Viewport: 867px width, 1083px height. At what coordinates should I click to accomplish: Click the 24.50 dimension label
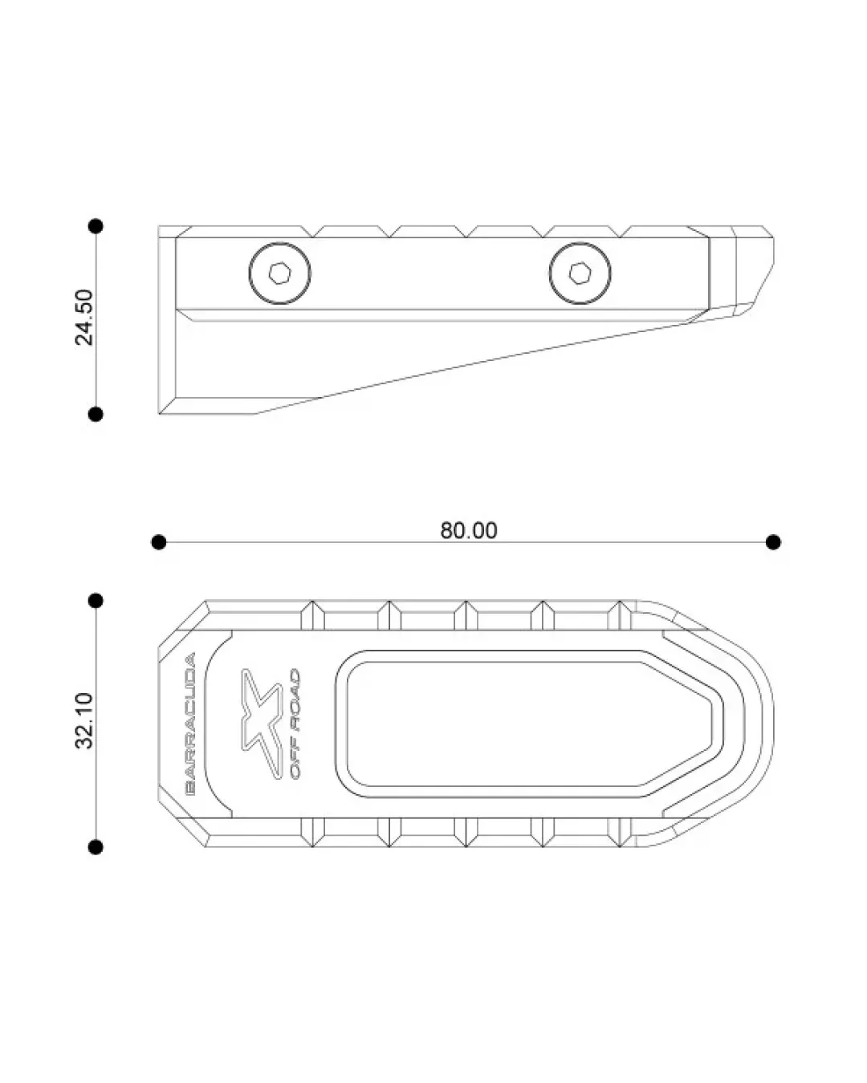click(x=84, y=317)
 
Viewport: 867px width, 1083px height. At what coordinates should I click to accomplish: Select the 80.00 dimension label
click(x=469, y=530)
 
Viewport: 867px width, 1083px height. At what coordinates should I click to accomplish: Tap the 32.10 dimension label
click(x=84, y=720)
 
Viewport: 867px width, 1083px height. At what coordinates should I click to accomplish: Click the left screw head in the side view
click(x=279, y=274)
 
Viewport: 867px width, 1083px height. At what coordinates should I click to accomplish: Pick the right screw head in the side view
click(x=580, y=274)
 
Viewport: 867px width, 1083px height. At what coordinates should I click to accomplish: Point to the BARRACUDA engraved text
click(x=190, y=724)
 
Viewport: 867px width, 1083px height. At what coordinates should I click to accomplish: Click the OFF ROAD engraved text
click(x=295, y=724)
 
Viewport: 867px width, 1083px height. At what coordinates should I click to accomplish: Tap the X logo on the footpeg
click(x=261, y=724)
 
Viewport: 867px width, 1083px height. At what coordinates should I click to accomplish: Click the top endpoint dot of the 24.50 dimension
click(x=96, y=226)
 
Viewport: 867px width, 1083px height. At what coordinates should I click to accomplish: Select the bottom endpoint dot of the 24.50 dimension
click(x=96, y=414)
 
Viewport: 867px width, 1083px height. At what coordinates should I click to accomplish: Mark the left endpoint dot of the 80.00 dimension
click(x=159, y=542)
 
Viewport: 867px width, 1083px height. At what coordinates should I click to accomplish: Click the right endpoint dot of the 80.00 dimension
click(x=773, y=542)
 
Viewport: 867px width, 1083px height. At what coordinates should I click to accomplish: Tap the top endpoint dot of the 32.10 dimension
click(x=96, y=600)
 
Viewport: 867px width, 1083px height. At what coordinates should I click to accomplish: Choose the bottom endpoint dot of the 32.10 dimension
click(x=96, y=847)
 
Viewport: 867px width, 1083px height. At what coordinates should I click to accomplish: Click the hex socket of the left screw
click(x=279, y=274)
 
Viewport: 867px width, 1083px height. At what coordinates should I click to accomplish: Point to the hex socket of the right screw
click(x=580, y=274)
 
